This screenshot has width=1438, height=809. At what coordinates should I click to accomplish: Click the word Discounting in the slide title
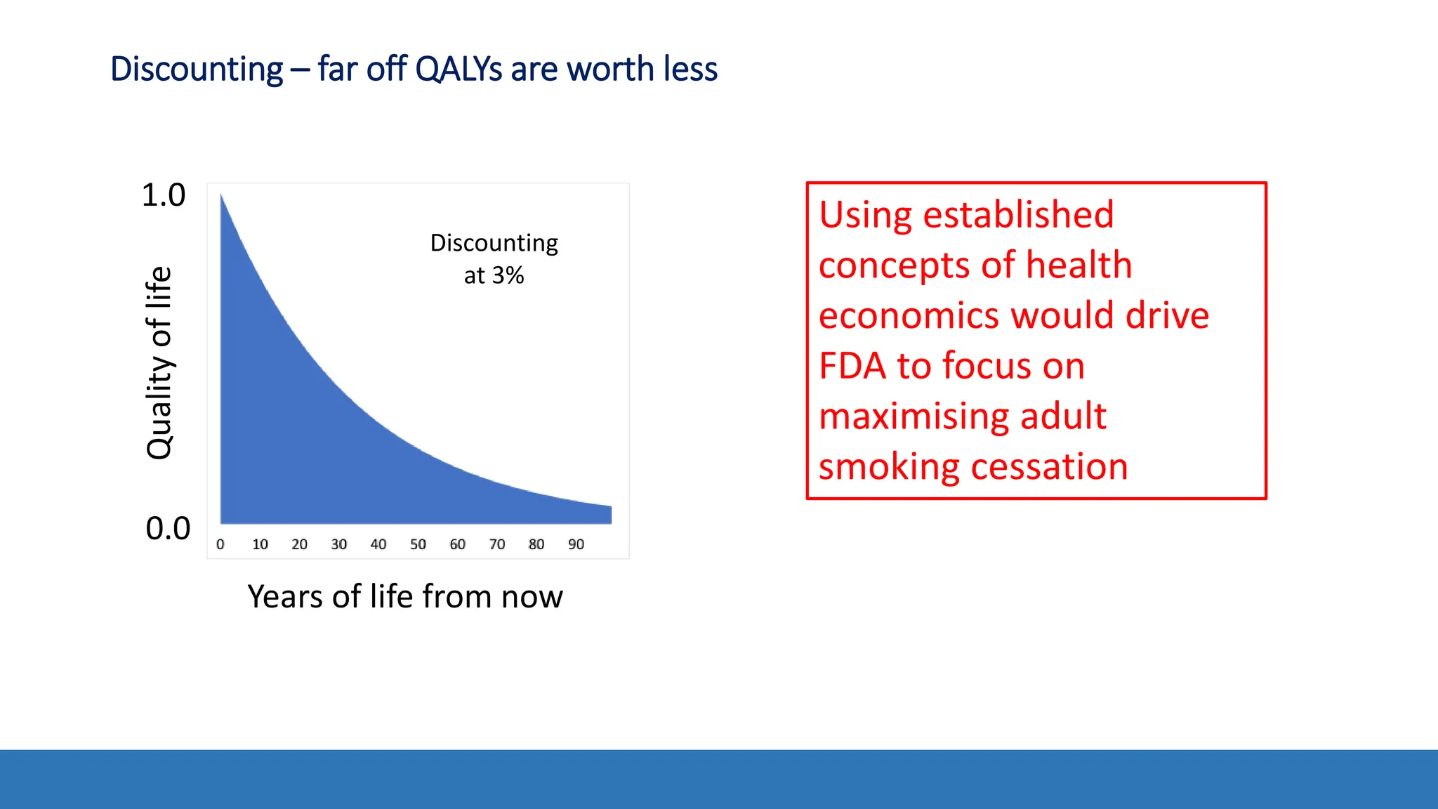pos(197,70)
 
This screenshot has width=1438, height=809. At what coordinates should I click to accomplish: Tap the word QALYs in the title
pos(459,70)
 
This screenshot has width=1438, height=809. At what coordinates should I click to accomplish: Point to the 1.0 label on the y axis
pos(164,195)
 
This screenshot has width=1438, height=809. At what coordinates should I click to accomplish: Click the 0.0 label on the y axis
pos(168,529)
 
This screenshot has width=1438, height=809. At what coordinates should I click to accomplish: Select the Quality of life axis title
pos(159,363)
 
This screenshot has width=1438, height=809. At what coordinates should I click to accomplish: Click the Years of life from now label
pos(405,597)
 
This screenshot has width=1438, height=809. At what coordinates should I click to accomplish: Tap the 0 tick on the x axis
pos(220,544)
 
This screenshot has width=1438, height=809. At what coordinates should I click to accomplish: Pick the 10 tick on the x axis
pos(260,544)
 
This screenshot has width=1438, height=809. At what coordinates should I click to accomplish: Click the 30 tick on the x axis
pos(339,544)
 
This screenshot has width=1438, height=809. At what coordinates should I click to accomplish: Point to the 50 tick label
pos(418,544)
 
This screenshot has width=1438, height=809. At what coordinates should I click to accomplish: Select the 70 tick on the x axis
pos(497,544)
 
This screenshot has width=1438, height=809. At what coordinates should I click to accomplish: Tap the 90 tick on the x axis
pos(576,544)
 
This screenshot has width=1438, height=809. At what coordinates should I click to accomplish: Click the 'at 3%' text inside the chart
pos(494,275)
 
